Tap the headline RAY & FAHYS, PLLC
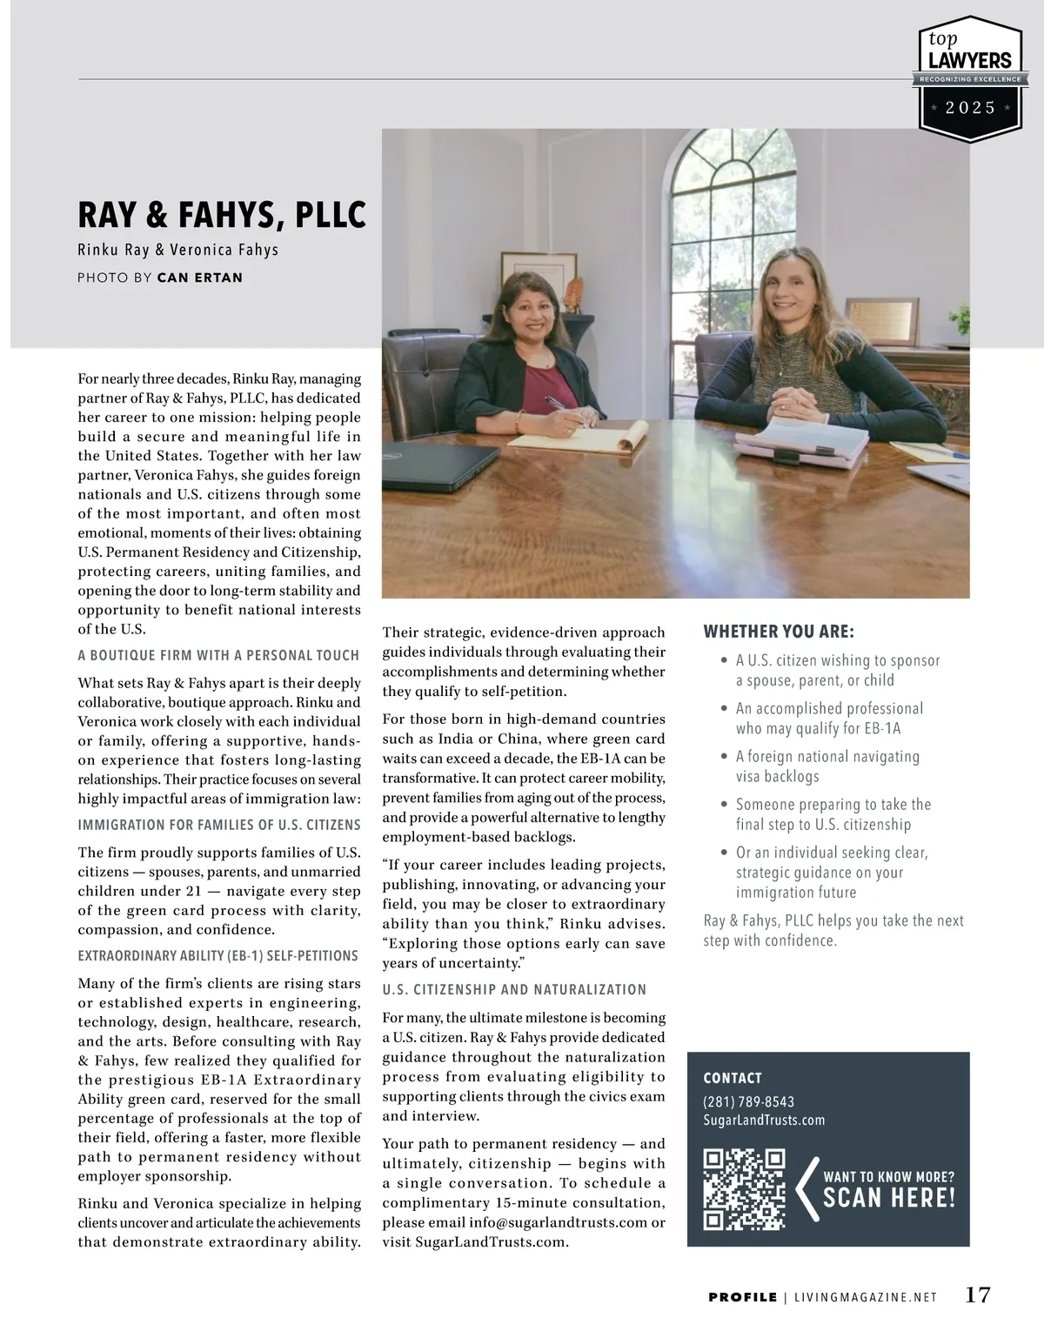pos(222,215)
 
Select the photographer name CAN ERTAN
pos(200,278)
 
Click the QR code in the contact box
pos(744,1189)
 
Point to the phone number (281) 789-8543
pos(748,1101)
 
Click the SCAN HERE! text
pos(888,1198)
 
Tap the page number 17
pos(978,1295)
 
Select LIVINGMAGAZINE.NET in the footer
pos(866,1297)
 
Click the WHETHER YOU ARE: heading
pos(779,632)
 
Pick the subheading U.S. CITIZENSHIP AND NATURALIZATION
pos(514,989)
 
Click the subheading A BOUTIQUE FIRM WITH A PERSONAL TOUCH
pos(218,655)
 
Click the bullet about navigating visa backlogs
pos(826,766)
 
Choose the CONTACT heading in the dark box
pos(733,1078)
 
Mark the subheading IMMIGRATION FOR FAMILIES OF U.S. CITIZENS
pos(219,825)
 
